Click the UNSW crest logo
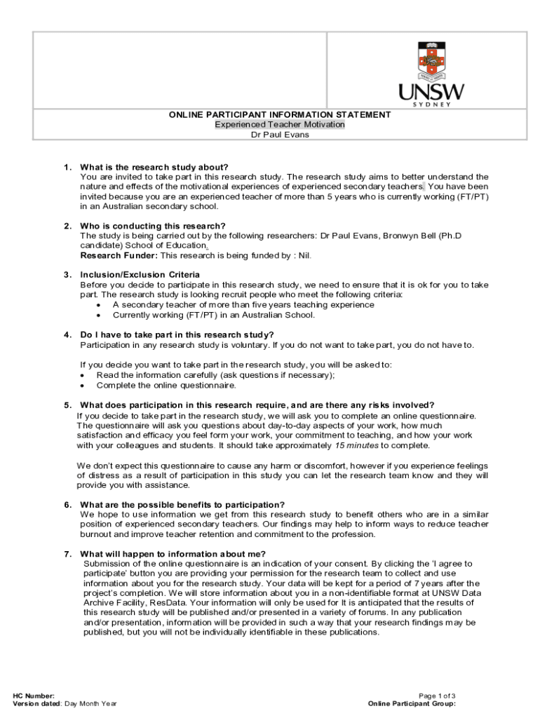click(x=431, y=60)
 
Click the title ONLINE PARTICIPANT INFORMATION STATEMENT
click(x=280, y=114)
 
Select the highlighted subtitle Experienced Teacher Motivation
click(x=280, y=124)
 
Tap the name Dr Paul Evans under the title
click(x=280, y=135)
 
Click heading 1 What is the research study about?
click(x=154, y=167)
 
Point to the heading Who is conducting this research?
click(x=153, y=226)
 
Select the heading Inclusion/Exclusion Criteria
click(x=140, y=275)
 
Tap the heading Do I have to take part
click(x=177, y=334)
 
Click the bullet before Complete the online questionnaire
click(x=83, y=386)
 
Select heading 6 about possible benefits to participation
click(x=182, y=505)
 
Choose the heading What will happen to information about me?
click(x=173, y=554)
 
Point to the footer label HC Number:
click(x=34, y=695)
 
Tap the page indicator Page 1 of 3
click(x=437, y=695)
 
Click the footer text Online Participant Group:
click(x=412, y=703)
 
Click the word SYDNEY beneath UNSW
click(x=431, y=104)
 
